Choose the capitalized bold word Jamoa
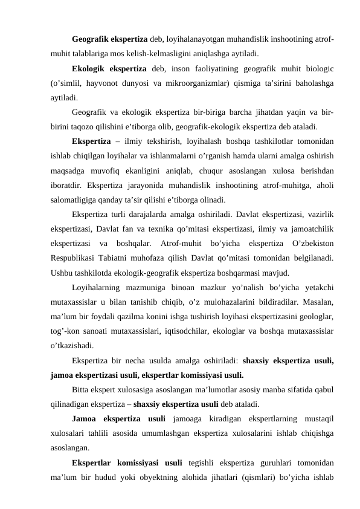click(85, 420)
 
